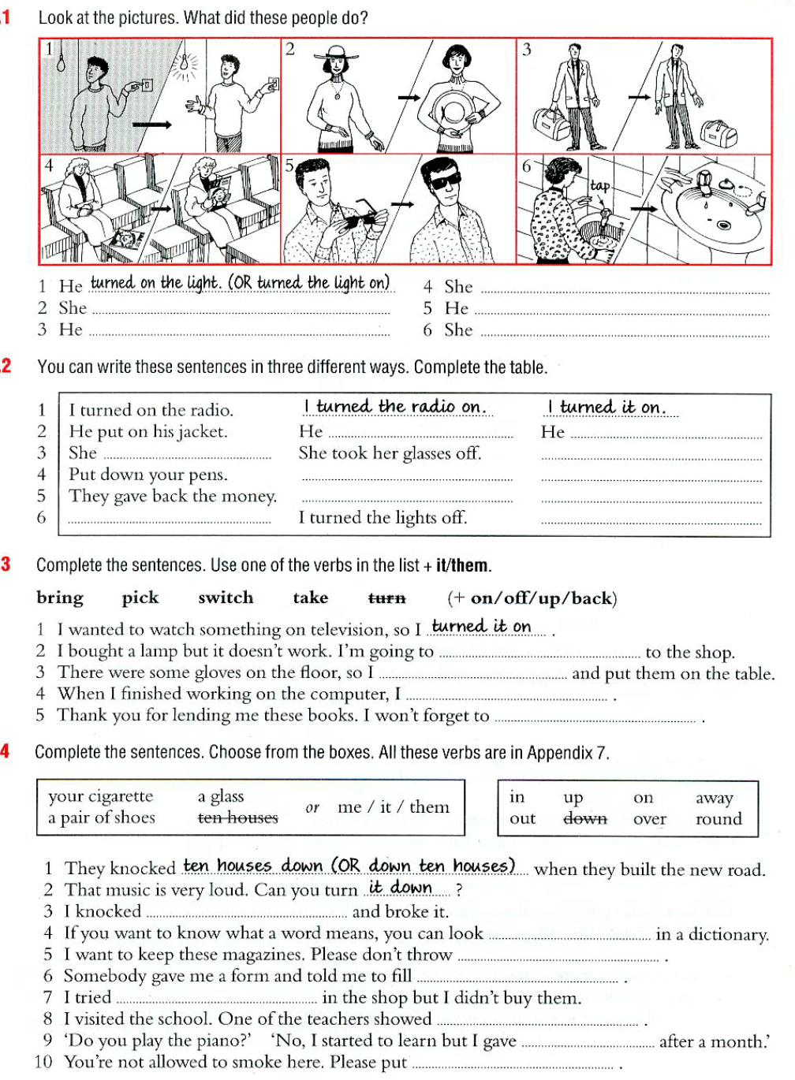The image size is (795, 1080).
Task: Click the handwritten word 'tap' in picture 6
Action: pos(600,186)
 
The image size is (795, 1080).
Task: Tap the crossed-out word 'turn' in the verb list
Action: pos(386,598)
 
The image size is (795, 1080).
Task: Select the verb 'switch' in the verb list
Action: pos(226,598)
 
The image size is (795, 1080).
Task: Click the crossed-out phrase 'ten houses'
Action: pos(237,818)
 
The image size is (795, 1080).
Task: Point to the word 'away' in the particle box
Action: pos(715,798)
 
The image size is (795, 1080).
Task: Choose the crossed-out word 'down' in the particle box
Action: pos(585,818)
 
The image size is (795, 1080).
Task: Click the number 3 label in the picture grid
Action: pos(527,50)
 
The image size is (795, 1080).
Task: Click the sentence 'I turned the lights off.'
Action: pos(383,518)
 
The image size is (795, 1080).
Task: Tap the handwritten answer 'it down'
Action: pos(401,888)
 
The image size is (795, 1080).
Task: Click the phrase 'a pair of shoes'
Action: pos(102,818)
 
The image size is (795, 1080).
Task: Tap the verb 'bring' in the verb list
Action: pos(60,598)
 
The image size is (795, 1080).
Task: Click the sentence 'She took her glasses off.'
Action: pos(390,453)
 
